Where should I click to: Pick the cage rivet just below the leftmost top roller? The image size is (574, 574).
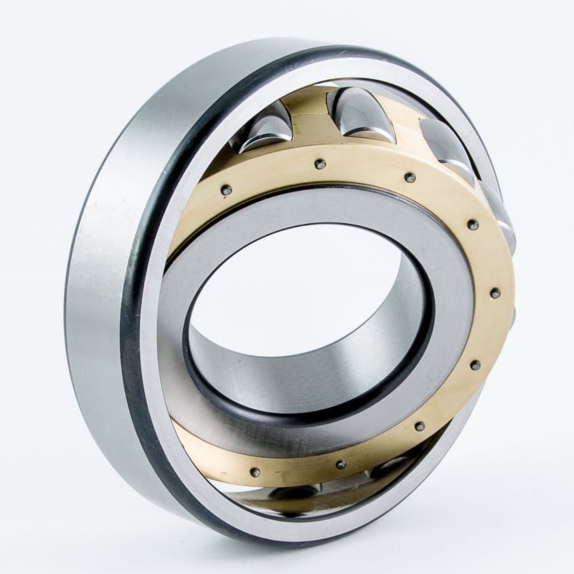pyautogui.click(x=226, y=189)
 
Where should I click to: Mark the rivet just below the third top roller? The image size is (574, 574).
pyautogui.click(x=410, y=178)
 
